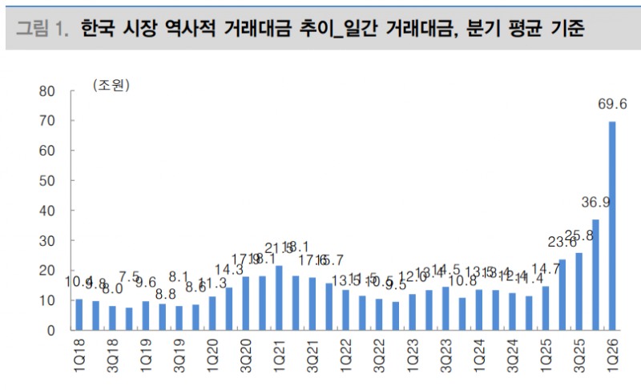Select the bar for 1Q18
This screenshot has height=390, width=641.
point(79,315)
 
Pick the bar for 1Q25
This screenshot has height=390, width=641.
point(546,308)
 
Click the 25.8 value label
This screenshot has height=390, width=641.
point(579,235)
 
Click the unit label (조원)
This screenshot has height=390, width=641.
point(111,84)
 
